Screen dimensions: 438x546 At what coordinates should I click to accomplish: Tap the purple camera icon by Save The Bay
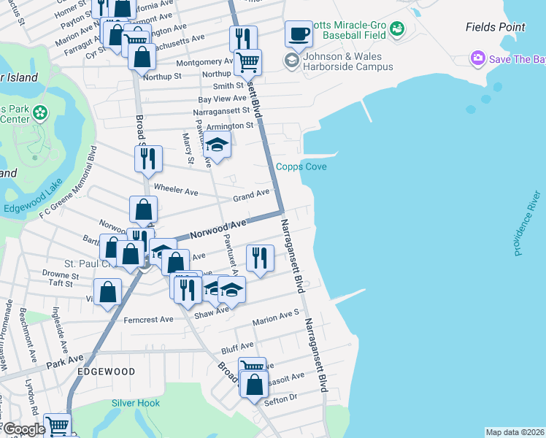[478, 58]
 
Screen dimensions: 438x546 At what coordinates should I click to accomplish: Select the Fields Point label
[495, 28]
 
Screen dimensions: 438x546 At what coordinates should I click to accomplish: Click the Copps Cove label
[301, 167]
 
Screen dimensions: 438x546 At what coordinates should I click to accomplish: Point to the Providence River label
[527, 223]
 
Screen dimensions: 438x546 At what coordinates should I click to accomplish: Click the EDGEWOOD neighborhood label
[107, 372]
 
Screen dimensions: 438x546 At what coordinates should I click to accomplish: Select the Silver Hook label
[136, 403]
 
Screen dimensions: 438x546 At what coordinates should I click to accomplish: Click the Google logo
[23, 430]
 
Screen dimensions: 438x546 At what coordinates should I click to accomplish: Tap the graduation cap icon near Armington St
[217, 146]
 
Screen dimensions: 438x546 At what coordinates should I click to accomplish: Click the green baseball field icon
[397, 28]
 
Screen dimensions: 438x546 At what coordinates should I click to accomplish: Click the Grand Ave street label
[251, 196]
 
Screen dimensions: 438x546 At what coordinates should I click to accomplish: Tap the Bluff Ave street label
[237, 345]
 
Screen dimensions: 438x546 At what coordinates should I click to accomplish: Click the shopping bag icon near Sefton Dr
[253, 385]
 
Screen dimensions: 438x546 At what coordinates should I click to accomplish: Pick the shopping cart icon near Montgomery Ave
[247, 63]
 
